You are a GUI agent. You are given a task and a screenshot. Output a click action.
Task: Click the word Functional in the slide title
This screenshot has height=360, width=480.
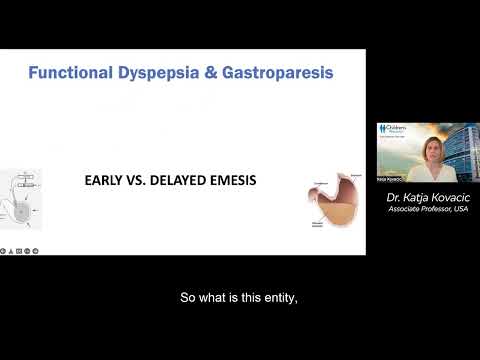click(x=70, y=73)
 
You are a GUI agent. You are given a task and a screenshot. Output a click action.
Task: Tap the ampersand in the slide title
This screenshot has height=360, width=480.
click(x=210, y=73)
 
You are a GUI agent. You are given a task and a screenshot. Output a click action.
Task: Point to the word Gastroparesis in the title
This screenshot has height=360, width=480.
click(x=276, y=73)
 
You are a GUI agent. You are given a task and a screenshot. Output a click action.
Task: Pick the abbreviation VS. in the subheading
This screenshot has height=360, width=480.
click(x=143, y=181)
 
